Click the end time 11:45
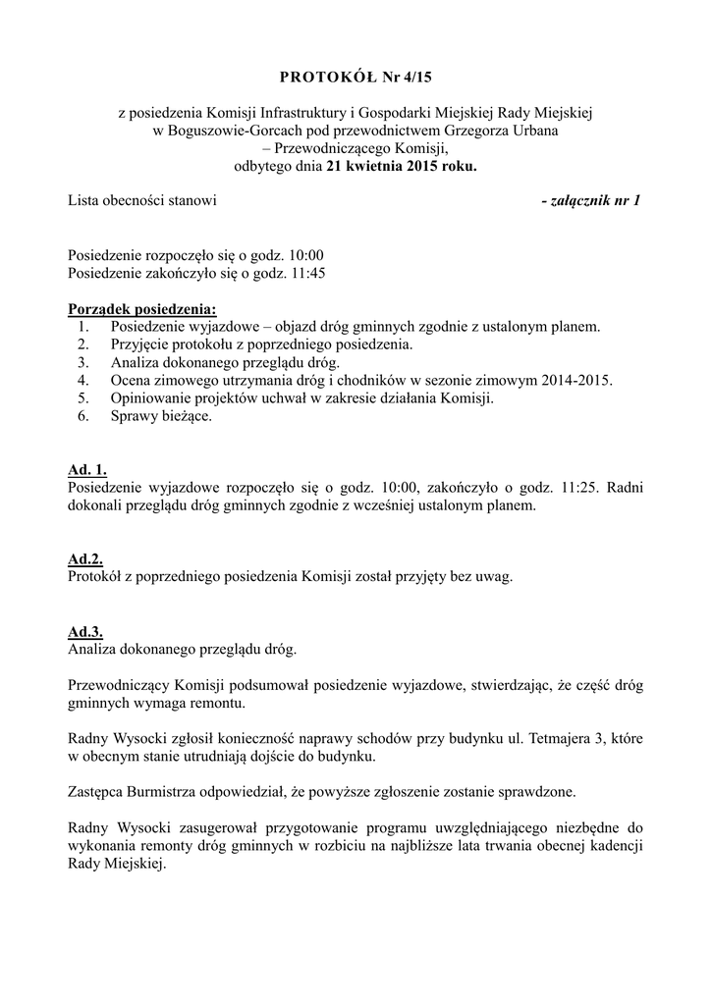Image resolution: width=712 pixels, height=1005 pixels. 308,273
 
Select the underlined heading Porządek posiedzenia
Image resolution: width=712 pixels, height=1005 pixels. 142,309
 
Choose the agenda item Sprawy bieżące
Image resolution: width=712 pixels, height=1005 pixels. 161,415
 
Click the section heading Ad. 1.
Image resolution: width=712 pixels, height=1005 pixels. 87,470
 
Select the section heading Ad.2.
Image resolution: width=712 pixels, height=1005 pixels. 85,558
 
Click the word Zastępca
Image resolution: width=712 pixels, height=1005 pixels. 99,791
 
